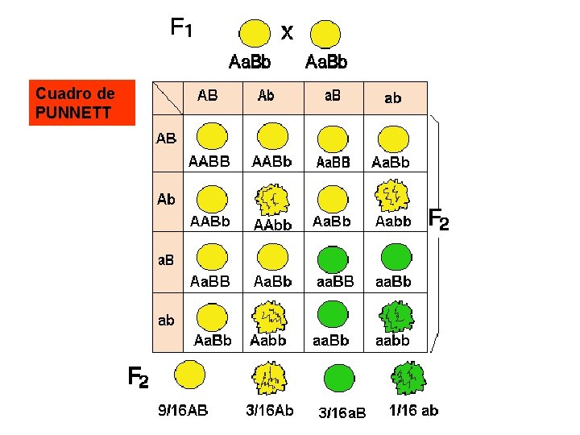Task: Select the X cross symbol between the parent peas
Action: (x=287, y=33)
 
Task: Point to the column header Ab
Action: (x=266, y=96)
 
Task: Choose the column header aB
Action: (x=332, y=96)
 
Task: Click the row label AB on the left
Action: (x=166, y=139)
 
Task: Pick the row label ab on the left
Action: (x=166, y=321)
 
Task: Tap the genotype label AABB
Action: (x=209, y=162)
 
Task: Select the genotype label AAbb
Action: (x=273, y=224)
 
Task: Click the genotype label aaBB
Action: (x=333, y=281)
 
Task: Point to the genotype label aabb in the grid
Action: (x=392, y=341)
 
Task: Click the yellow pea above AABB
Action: (x=211, y=136)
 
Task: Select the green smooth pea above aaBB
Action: (x=332, y=258)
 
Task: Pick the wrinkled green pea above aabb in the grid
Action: (x=395, y=317)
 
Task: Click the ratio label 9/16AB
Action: (x=182, y=411)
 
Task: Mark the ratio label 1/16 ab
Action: (x=414, y=411)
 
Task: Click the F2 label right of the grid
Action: (x=438, y=219)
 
